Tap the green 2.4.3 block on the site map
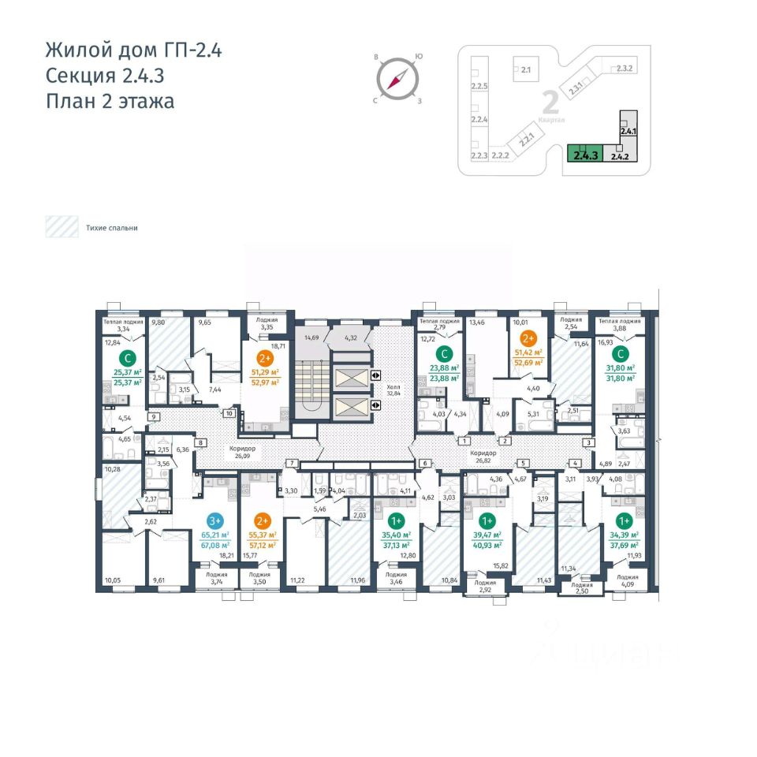point(584,152)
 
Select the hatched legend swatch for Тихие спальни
point(61,227)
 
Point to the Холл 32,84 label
point(394,390)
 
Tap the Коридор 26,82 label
point(483,457)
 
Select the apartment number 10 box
point(229,412)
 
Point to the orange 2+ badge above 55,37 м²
point(264,520)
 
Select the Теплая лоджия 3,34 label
point(121,326)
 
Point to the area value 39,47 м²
point(487,535)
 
